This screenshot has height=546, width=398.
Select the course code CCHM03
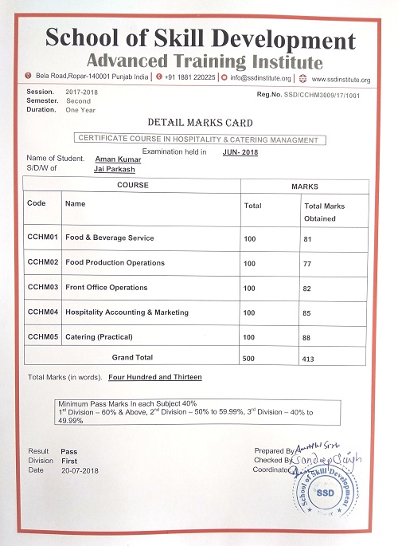(x=44, y=287)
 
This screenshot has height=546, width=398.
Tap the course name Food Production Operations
(x=115, y=262)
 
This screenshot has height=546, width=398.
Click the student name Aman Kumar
(x=117, y=159)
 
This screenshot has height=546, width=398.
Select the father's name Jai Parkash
(x=115, y=169)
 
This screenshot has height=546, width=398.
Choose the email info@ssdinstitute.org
(x=260, y=78)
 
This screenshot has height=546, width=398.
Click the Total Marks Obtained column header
(x=324, y=211)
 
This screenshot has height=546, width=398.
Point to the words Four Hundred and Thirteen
(x=155, y=376)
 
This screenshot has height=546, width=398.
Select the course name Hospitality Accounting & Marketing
(x=127, y=312)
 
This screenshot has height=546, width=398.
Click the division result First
(x=68, y=461)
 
